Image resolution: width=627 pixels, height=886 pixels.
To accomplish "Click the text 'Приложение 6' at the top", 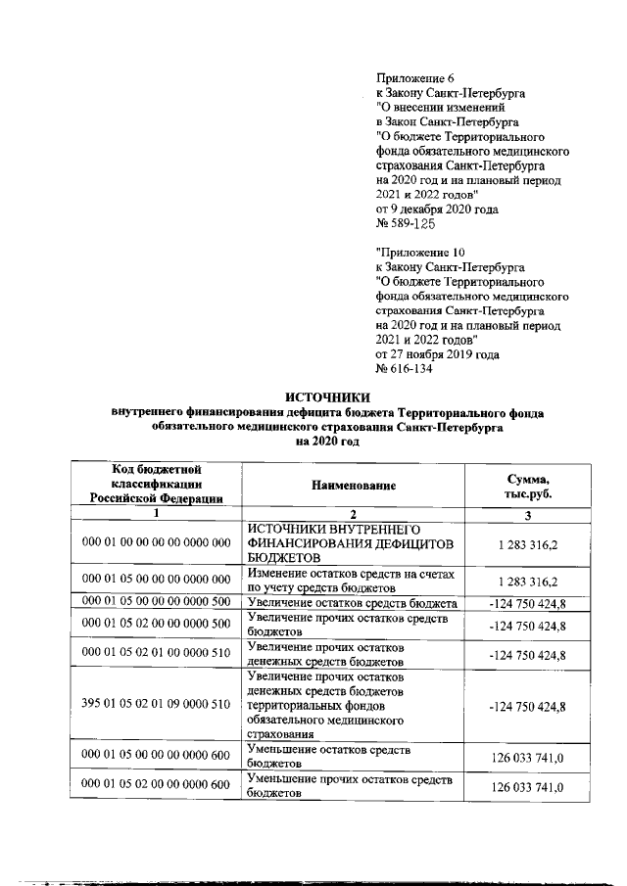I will (x=416, y=77).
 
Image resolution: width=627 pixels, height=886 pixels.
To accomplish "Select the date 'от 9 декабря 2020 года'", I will (x=437, y=209).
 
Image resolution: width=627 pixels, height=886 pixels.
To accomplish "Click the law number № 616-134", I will (x=405, y=369).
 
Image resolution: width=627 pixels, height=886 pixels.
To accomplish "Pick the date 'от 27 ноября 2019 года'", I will (x=438, y=354).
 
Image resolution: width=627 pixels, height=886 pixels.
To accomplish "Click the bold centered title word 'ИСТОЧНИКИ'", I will (x=328, y=397).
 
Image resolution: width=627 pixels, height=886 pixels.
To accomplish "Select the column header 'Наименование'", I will (x=354, y=486).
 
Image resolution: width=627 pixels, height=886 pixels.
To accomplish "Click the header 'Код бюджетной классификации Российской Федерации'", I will (x=156, y=486).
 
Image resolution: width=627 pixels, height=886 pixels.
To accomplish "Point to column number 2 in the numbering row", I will (x=354, y=515).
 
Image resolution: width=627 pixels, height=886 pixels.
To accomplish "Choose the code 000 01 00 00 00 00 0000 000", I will (x=156, y=542).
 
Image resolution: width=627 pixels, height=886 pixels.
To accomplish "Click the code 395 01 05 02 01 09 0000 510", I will (x=156, y=703).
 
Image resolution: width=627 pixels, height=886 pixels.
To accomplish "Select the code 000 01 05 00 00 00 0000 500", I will (x=156, y=602).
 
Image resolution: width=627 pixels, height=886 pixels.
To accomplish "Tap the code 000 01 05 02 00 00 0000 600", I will (x=156, y=784).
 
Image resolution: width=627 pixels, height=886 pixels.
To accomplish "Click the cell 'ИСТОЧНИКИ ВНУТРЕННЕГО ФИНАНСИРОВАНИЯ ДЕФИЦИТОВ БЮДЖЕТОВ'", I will (x=354, y=542).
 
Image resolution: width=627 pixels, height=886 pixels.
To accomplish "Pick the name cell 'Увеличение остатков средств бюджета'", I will (x=354, y=602).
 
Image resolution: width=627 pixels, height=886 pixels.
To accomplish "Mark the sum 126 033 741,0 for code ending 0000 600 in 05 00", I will (x=527, y=756).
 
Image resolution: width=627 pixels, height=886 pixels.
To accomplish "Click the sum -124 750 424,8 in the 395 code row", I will (x=527, y=703).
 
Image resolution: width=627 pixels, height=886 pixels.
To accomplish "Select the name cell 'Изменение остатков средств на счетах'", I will (x=354, y=580).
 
